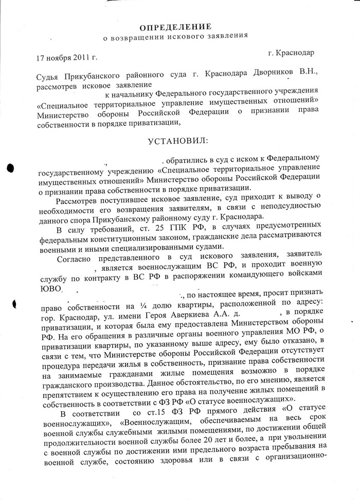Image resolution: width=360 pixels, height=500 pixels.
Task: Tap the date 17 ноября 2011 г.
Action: click(x=67, y=58)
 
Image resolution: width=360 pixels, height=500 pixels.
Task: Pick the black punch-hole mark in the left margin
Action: click(x=11, y=169)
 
